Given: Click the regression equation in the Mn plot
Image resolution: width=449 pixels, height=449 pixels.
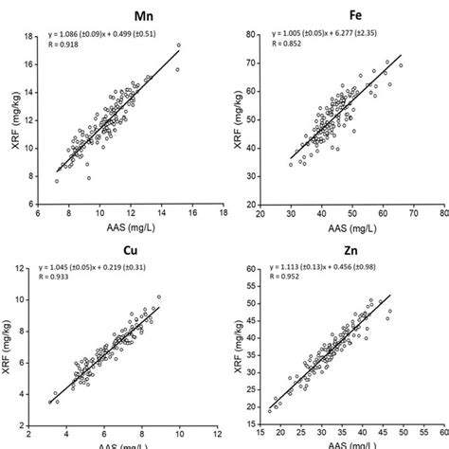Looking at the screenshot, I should pyautogui.click(x=107, y=38).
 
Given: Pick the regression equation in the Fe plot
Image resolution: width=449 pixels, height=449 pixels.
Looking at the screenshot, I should pyautogui.click(x=327, y=38).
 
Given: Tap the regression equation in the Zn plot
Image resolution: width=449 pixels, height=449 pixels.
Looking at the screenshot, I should pyautogui.click(x=327, y=273).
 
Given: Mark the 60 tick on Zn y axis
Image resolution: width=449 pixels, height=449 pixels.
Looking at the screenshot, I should pyautogui.click(x=252, y=270).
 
